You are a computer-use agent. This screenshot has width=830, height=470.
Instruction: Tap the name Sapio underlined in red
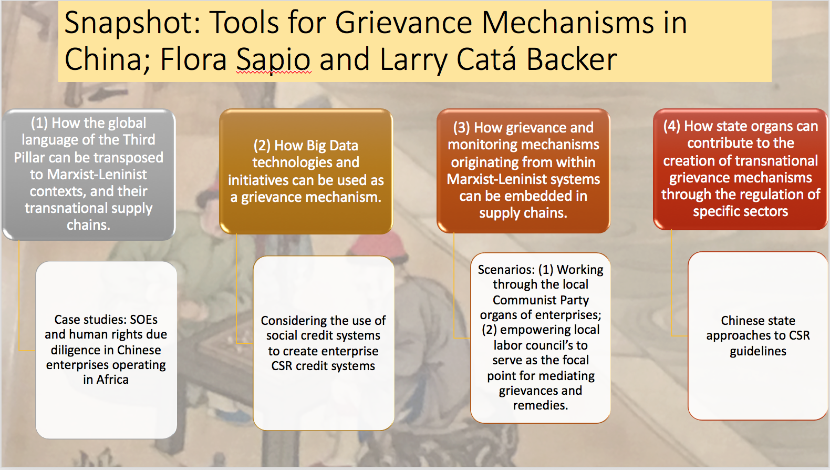coord(273,59)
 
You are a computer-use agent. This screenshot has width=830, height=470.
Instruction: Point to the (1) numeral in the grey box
coord(39,123)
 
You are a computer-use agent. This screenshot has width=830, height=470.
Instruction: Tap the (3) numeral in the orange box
coord(461,128)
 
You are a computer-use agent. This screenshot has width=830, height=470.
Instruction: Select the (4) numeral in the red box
coord(671,126)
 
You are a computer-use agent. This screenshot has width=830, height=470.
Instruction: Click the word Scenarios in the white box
coord(506,270)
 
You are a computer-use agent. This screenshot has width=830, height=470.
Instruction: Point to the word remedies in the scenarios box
coord(541,405)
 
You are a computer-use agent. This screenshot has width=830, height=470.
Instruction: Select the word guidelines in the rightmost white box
coord(758,351)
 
